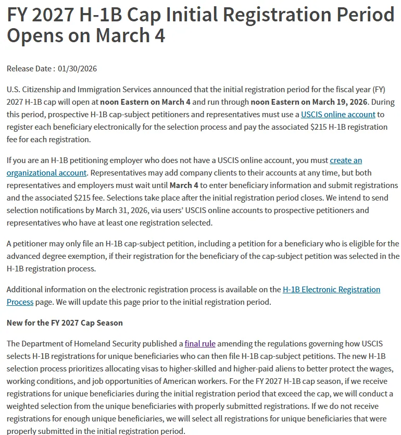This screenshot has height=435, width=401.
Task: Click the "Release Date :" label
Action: [x=30, y=69]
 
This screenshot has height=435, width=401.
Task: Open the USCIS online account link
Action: [x=338, y=114]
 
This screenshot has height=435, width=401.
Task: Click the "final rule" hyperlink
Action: [x=200, y=343]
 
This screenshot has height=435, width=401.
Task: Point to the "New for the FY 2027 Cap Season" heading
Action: [x=65, y=322]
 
